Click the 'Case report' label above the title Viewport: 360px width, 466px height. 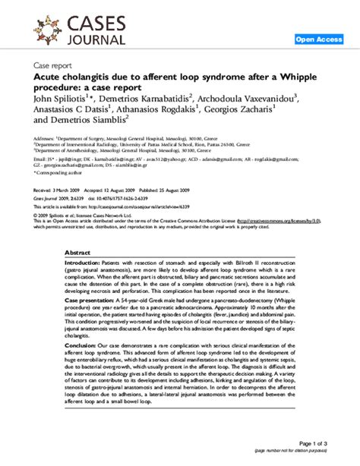[x=52, y=66]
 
